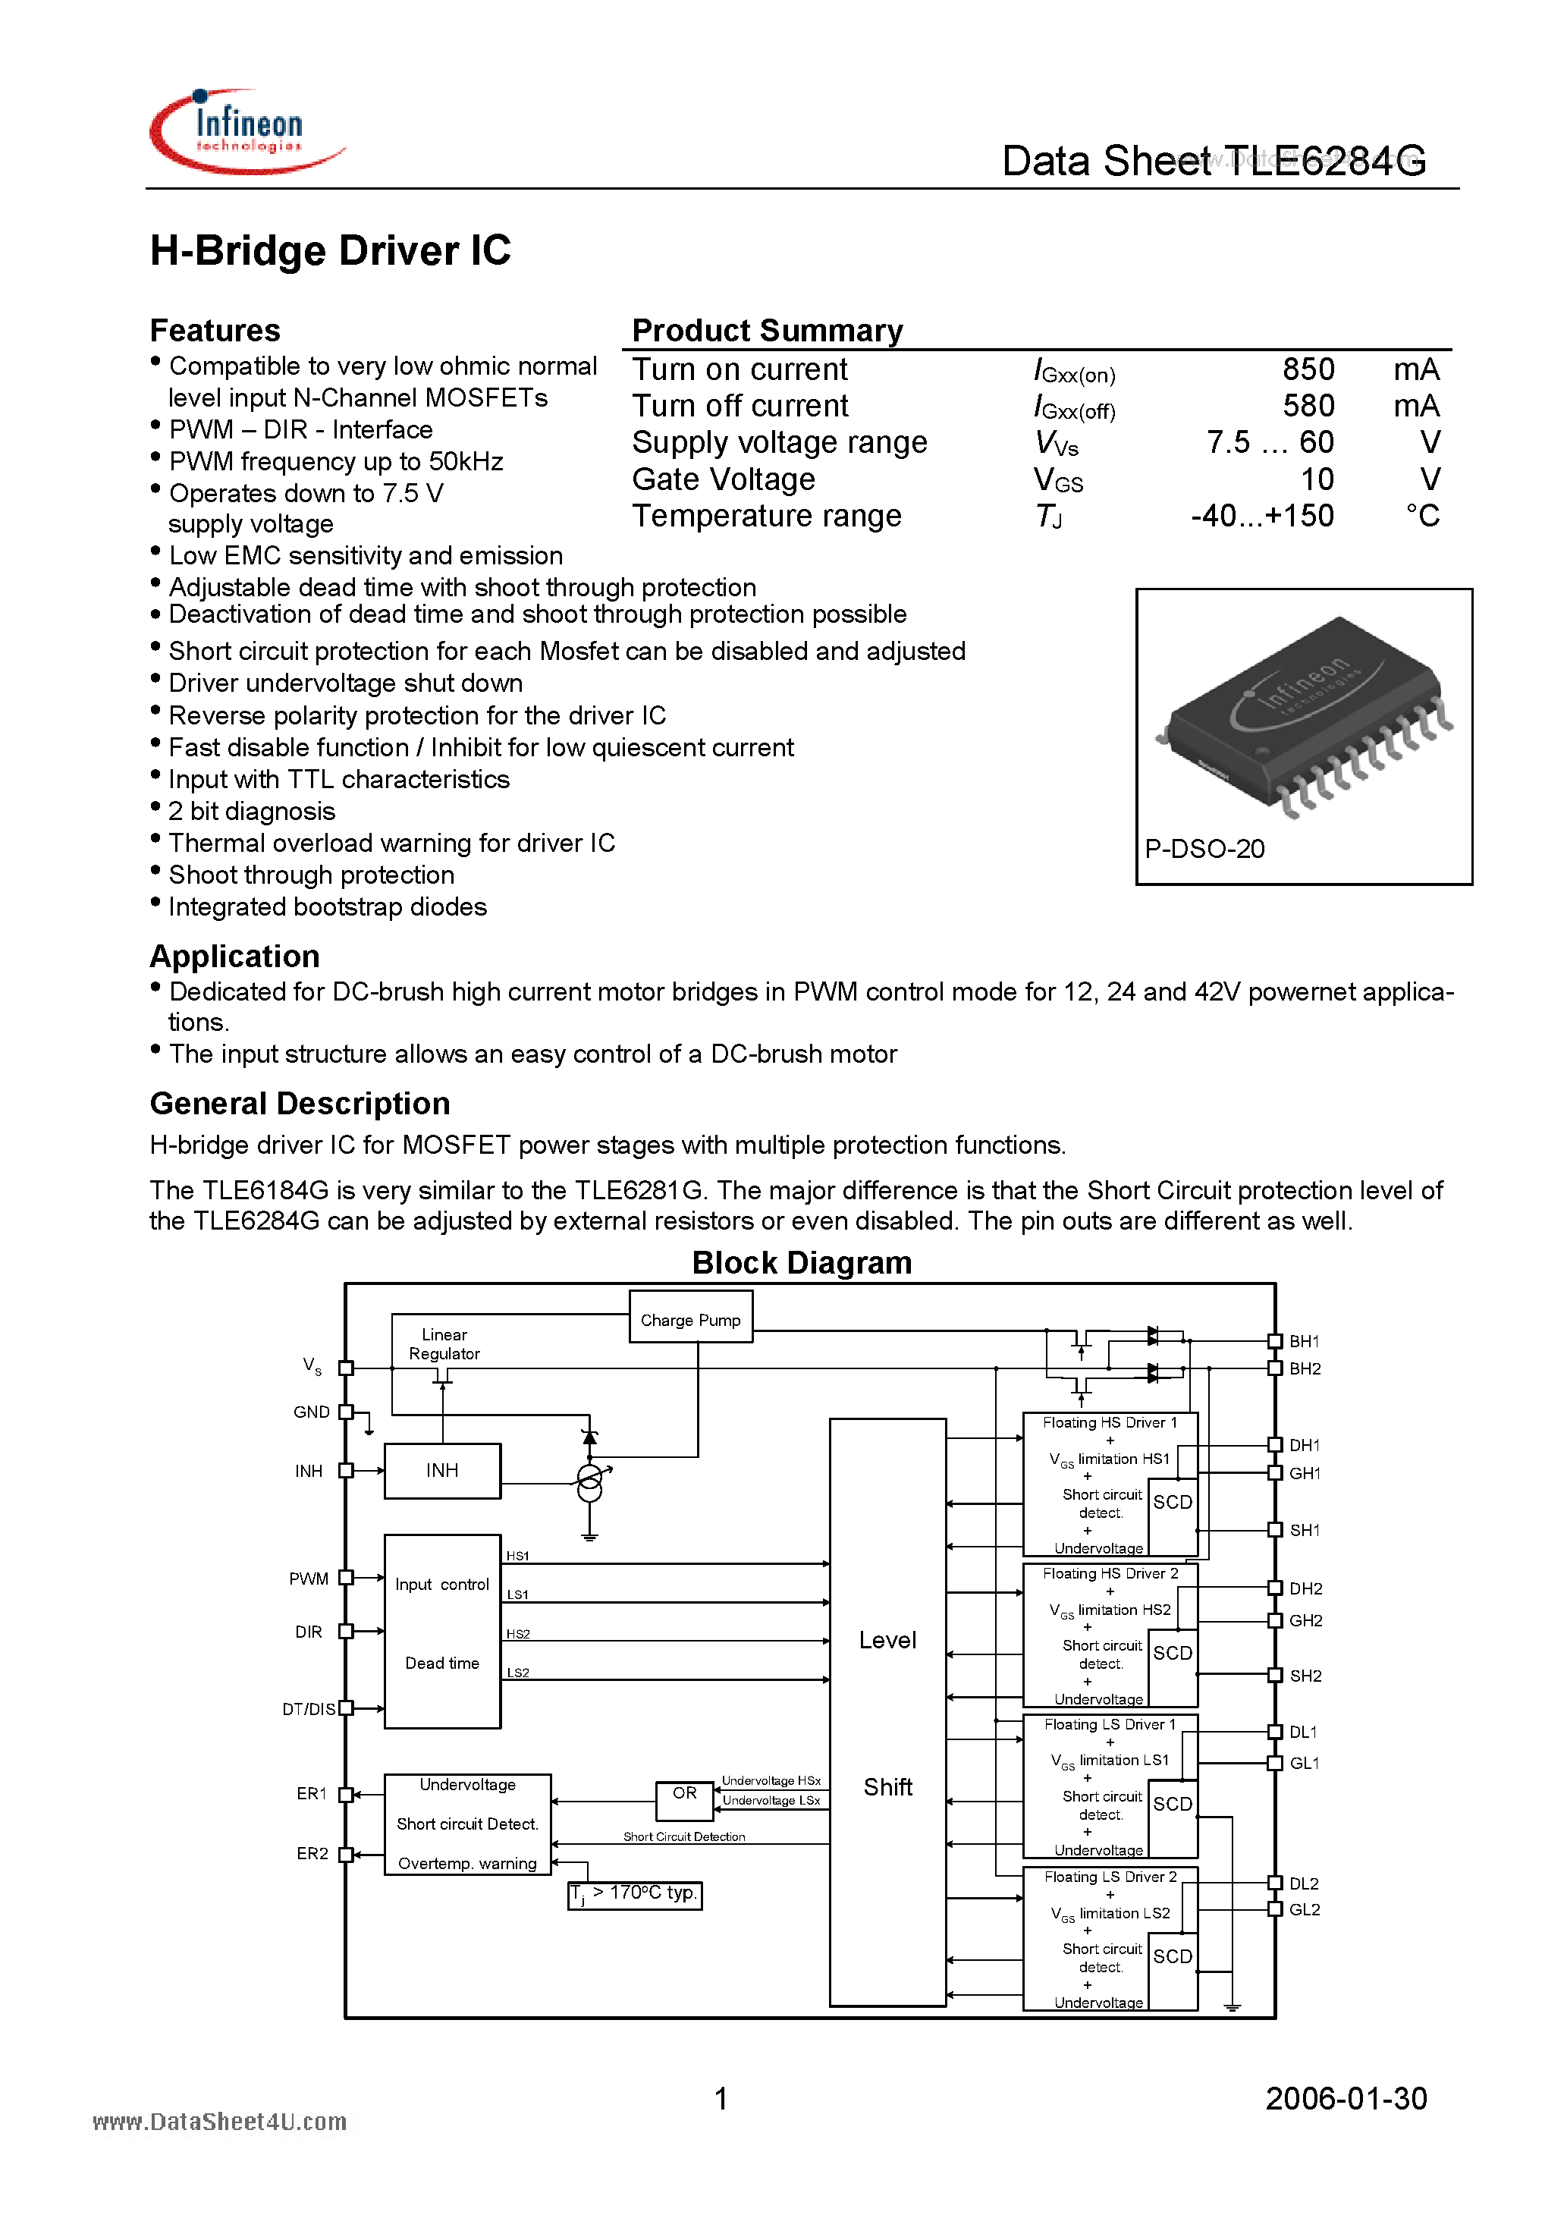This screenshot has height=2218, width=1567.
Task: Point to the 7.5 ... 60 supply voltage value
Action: click(x=1270, y=442)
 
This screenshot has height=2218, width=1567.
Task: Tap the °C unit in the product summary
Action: click(x=1421, y=516)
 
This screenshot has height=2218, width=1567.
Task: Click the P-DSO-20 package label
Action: click(x=1204, y=848)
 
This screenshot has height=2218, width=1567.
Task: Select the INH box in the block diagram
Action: click(x=441, y=1470)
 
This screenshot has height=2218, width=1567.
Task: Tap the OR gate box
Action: click(x=684, y=1794)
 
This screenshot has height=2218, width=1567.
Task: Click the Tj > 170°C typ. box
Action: click(x=634, y=1893)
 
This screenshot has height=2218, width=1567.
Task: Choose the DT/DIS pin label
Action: click(x=308, y=1709)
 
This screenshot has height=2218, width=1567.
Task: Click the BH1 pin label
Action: click(x=1305, y=1341)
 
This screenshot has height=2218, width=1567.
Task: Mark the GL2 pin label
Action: click(x=1305, y=1910)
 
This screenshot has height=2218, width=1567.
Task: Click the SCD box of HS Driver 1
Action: click(x=1172, y=1502)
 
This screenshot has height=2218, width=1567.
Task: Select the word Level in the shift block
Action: click(x=887, y=1639)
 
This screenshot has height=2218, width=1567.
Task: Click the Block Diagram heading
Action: click(x=801, y=1262)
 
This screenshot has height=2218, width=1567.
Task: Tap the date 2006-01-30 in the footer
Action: click(x=1345, y=2098)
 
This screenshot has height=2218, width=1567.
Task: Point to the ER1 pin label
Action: click(x=311, y=1794)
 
